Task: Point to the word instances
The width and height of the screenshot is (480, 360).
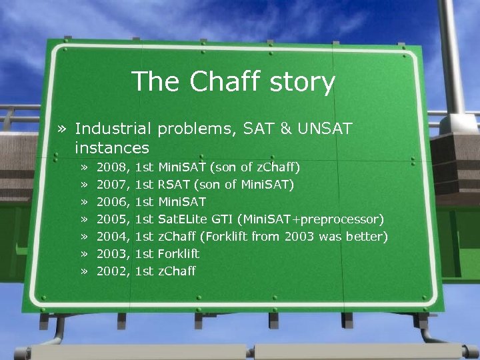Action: coord(112,147)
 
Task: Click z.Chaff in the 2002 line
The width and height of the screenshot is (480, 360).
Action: coord(177,271)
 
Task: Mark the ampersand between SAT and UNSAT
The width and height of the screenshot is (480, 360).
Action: coord(279,128)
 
